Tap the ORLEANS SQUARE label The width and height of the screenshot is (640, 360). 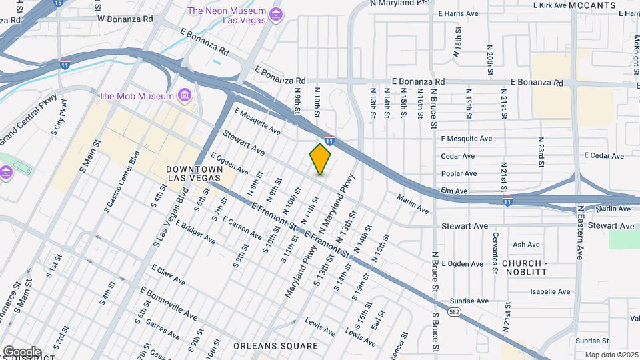point(275,346)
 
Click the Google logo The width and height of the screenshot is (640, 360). point(21,351)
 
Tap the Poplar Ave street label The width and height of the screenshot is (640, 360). point(459,173)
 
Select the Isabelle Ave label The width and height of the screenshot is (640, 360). point(550,291)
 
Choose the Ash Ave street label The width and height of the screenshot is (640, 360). point(526,245)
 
